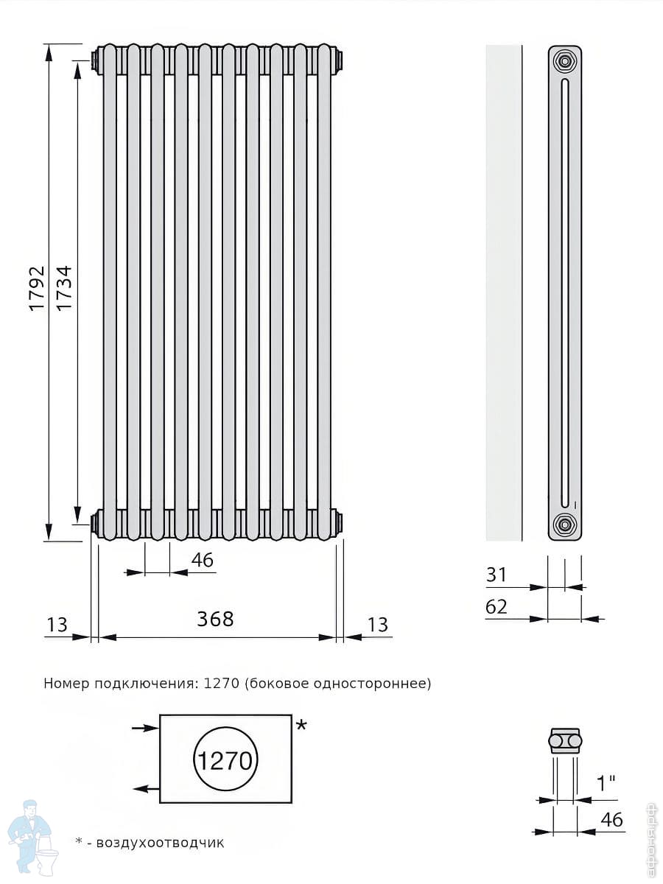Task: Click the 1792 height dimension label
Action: [38, 287]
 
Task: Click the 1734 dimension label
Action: [64, 287]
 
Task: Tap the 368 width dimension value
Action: [215, 619]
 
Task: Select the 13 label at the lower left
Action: [57, 625]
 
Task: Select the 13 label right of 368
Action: [378, 625]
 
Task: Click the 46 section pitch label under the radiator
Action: [203, 560]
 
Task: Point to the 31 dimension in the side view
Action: [497, 575]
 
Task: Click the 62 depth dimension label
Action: [497, 607]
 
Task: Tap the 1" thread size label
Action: [606, 783]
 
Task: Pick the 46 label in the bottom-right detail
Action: [612, 820]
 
